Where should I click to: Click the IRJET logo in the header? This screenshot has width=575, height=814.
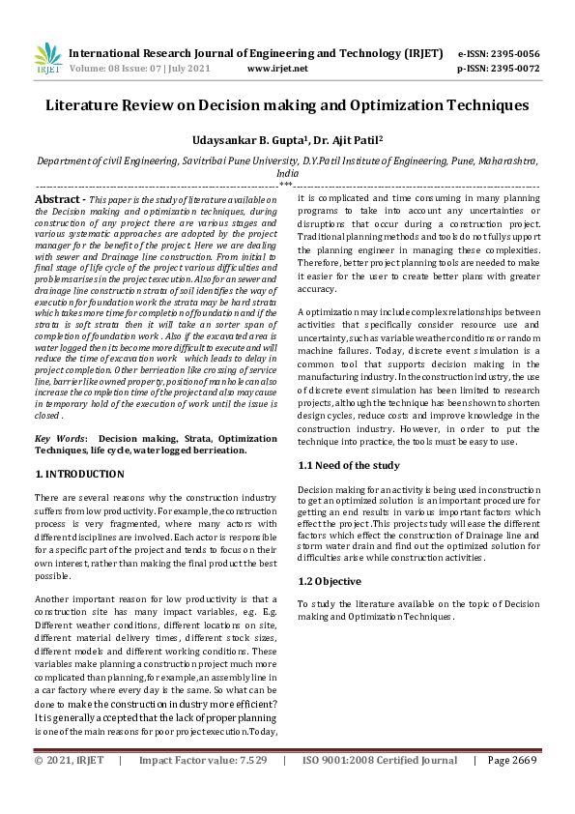pyautogui.click(x=47, y=59)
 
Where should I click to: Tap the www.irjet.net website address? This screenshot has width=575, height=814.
pyautogui.click(x=277, y=69)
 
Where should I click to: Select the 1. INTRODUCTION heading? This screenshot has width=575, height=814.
pyautogui.click(x=79, y=474)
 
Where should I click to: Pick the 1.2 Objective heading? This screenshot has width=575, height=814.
pyautogui.click(x=330, y=581)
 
